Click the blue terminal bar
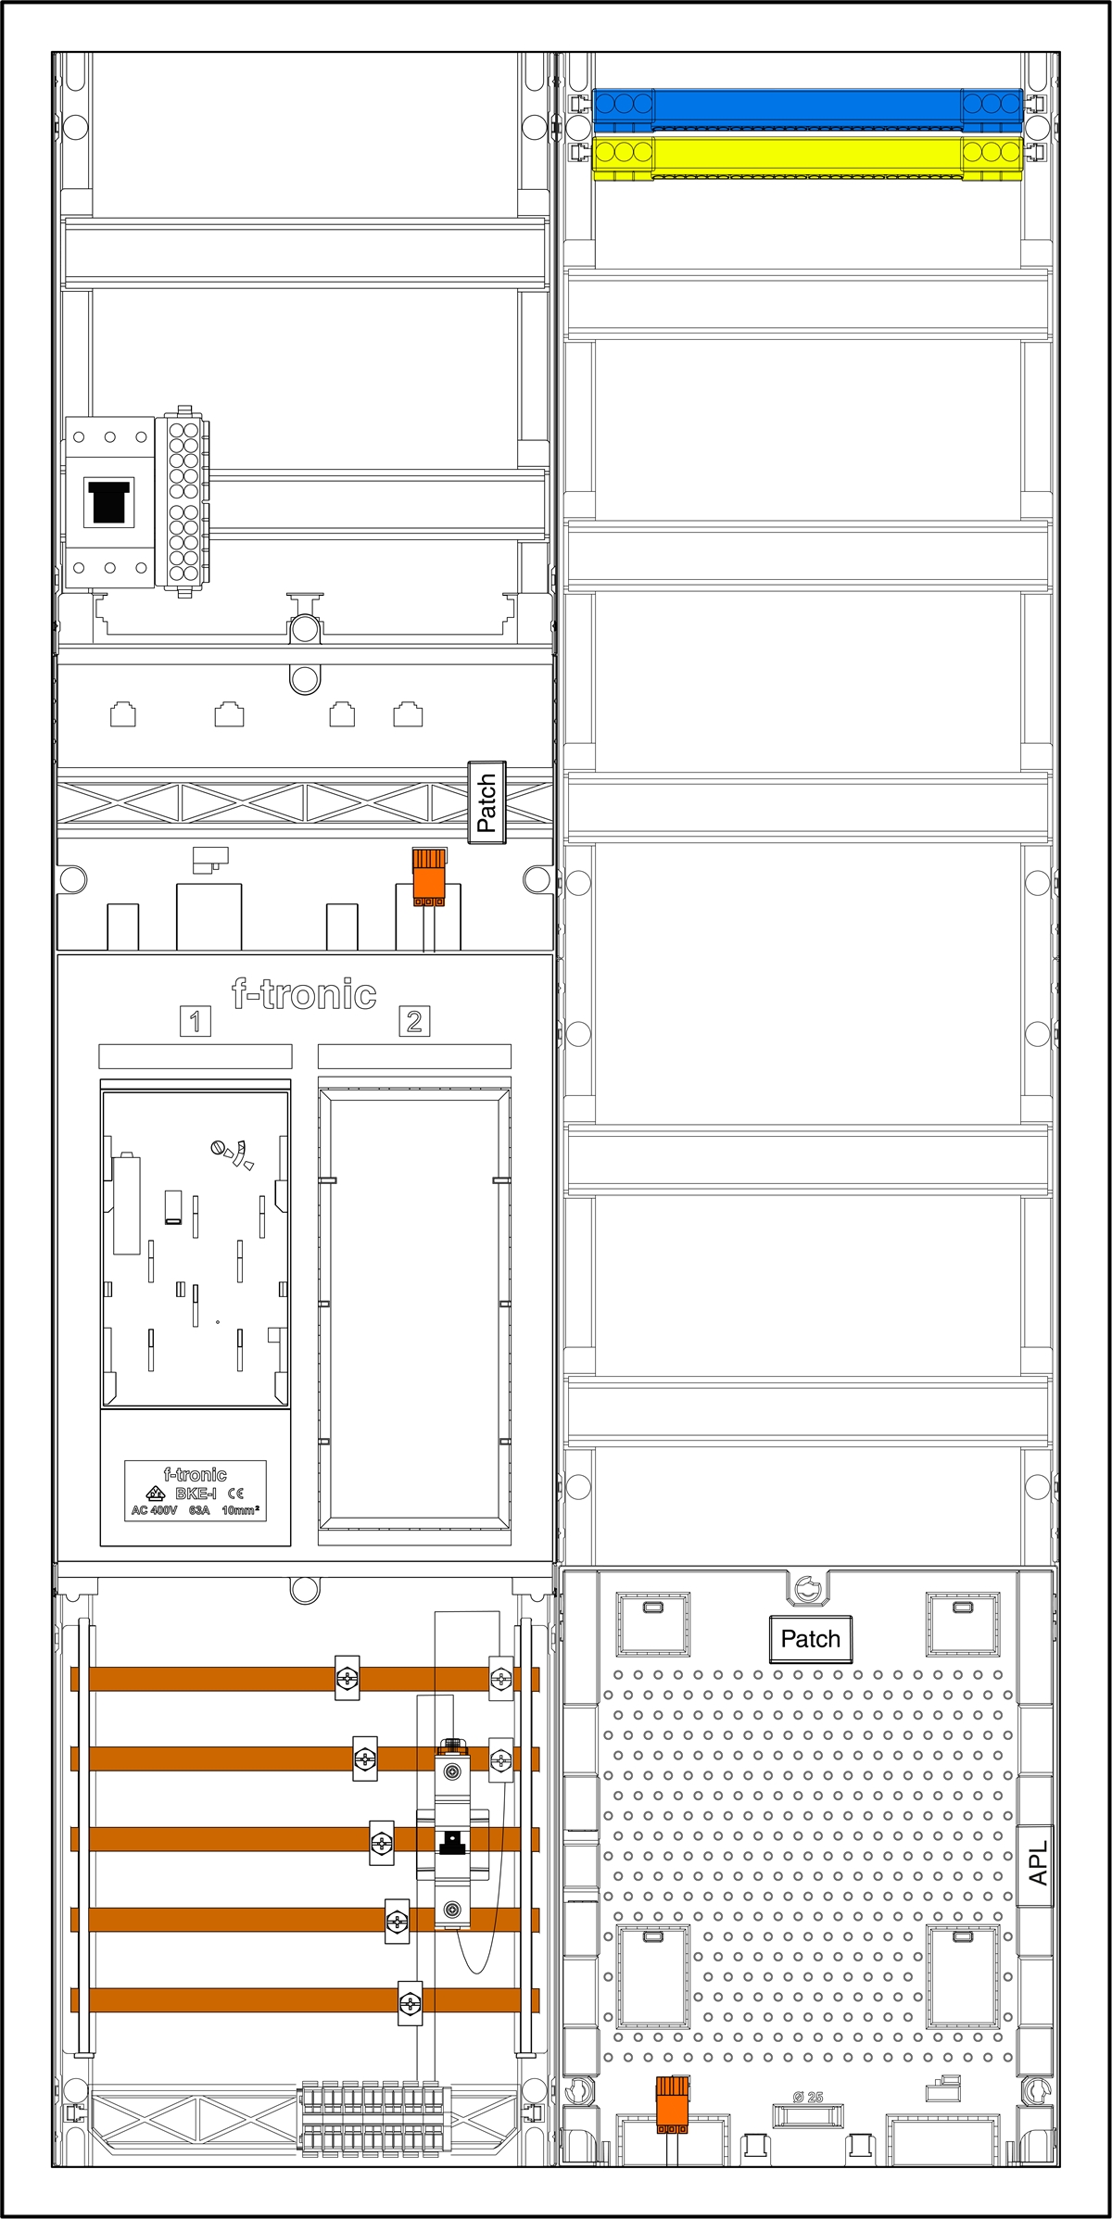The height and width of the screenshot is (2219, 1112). [807, 108]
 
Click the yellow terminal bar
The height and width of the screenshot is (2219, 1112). [807, 156]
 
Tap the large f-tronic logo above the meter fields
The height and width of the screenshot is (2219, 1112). [304, 995]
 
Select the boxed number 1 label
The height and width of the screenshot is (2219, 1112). [195, 1021]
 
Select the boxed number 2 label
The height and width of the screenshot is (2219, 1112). [414, 1021]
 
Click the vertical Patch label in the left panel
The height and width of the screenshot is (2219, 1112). [486, 802]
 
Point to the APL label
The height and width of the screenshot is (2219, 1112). [1037, 1862]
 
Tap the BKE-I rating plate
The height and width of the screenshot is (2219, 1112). [196, 1491]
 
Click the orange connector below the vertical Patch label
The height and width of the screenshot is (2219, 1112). [428, 877]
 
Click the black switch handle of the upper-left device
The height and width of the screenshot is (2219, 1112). [108, 501]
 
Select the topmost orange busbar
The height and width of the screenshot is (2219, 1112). [305, 1678]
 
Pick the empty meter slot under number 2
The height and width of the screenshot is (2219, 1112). [414, 1311]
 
